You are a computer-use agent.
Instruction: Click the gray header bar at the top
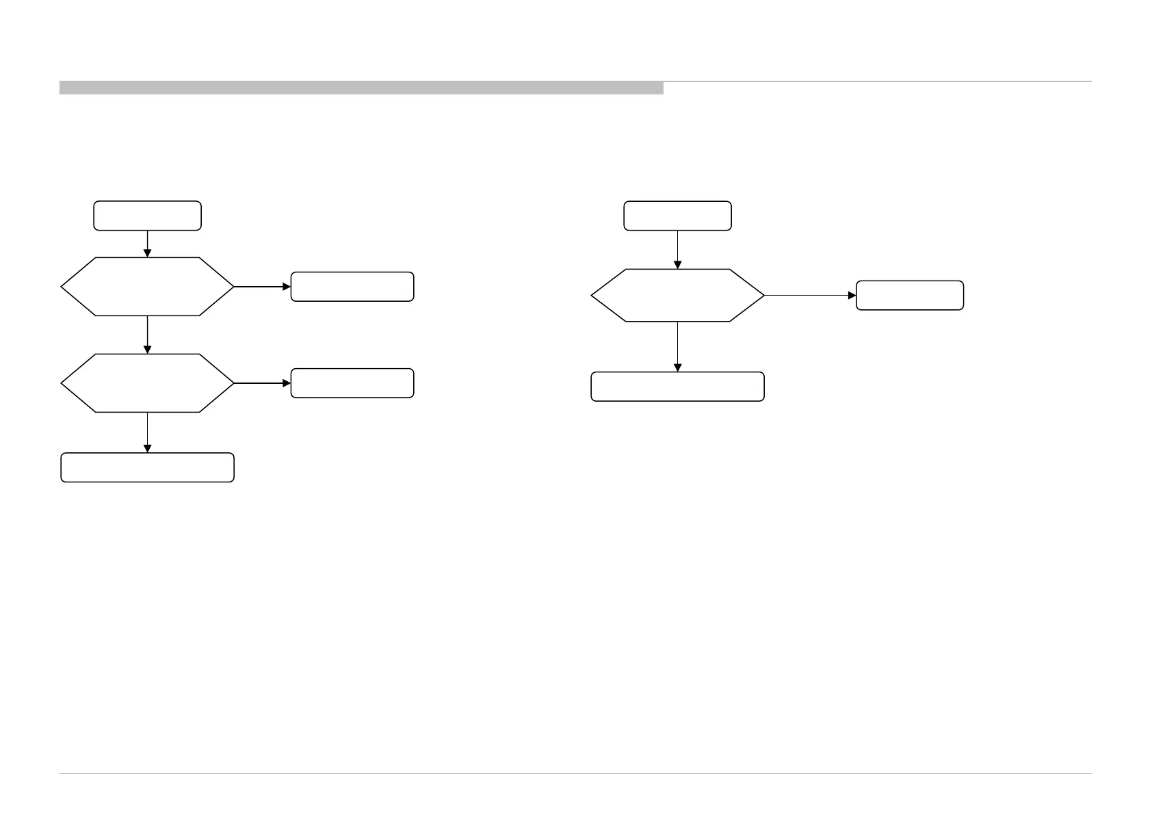pos(361,88)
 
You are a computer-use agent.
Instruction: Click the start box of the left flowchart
pos(147,216)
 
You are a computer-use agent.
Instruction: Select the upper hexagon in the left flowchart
pos(147,287)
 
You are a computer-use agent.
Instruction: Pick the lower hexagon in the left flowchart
pos(147,383)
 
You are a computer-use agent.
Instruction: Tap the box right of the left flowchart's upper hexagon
pos(352,287)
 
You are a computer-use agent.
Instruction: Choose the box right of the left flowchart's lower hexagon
pos(352,383)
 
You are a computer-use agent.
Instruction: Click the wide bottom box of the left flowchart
pos(147,467)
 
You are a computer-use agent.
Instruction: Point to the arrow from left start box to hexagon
pos(147,244)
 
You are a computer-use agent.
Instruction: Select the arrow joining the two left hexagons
pos(147,335)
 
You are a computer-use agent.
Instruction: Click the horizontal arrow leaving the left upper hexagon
pos(262,287)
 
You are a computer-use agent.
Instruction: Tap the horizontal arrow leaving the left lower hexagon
pos(262,383)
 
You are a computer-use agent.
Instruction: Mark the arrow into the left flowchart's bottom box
pos(147,432)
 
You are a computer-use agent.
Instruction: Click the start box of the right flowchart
pos(677,216)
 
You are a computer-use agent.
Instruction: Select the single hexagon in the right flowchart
pos(677,295)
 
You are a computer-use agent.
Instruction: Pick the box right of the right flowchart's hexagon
pos(910,295)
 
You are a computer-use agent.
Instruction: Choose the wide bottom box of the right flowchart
pos(677,387)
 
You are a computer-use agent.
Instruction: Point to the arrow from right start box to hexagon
pos(677,249)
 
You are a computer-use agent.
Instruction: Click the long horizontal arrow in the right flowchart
pos(810,295)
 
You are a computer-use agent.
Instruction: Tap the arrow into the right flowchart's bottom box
pos(677,346)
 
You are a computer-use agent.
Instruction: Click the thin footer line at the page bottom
pos(575,774)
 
